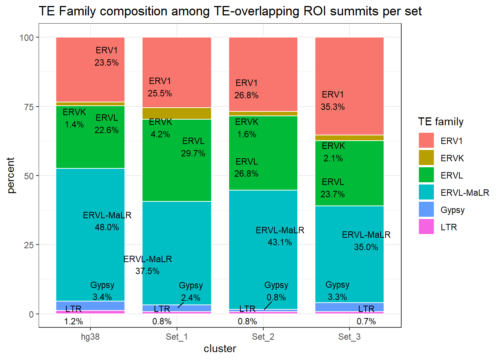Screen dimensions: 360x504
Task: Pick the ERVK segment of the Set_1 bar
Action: pos(177,113)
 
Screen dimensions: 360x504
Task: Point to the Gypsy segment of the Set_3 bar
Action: pos(349,307)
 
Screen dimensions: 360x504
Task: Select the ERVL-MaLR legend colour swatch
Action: pos(426,192)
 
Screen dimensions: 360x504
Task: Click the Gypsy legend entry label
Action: pos(452,210)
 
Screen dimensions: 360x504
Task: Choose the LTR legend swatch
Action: pos(426,227)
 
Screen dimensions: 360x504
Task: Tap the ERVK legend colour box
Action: pos(426,158)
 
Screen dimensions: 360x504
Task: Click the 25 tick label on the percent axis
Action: pos(29,245)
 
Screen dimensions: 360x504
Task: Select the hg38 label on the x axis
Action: pos(90,337)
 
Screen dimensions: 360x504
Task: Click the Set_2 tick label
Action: pos(263,337)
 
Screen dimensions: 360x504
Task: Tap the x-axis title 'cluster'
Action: pos(220,349)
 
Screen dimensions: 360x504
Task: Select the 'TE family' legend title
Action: pos(441,122)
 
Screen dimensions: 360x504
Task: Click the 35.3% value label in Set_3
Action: pos(333,107)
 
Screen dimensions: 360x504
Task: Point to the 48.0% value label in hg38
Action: pos(107,227)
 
